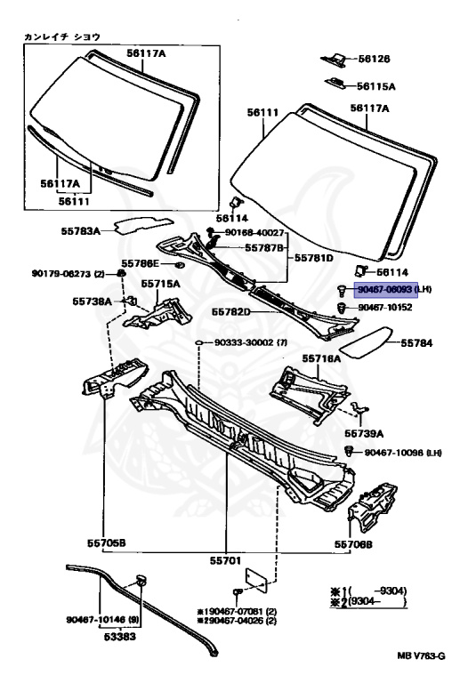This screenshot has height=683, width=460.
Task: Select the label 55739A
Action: (x=364, y=433)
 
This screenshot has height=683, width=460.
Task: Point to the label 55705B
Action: (x=100, y=542)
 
